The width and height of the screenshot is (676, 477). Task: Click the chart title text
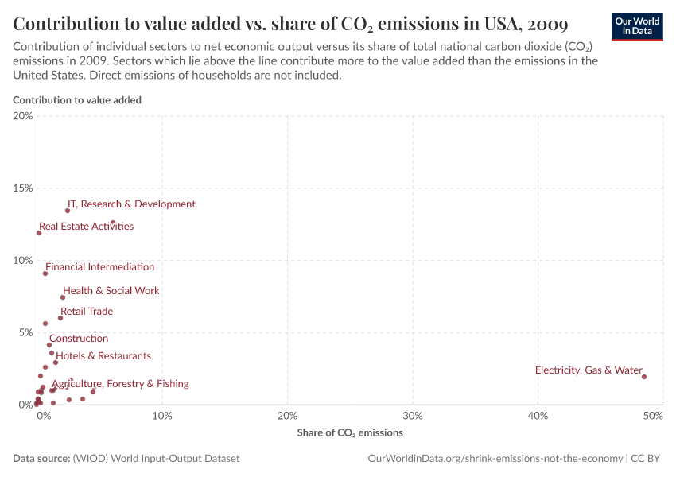[x=289, y=21]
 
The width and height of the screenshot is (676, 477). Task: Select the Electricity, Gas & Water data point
[x=644, y=377]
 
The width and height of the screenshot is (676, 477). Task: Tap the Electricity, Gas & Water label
[x=588, y=370]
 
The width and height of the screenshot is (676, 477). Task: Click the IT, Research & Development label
[x=131, y=204]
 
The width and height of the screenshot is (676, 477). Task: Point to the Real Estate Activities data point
[x=39, y=233]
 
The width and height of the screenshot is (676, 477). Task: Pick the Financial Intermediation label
[x=99, y=267]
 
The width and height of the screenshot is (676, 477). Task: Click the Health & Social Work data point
[x=63, y=297]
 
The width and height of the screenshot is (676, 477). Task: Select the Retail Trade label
[x=87, y=312]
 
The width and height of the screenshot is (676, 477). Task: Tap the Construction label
[x=79, y=339]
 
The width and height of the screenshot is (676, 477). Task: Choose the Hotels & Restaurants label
[x=103, y=356]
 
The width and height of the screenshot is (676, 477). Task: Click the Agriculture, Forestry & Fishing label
[x=121, y=384]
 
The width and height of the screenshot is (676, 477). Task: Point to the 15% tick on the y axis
[x=23, y=188]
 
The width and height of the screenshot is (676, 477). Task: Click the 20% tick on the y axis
[x=23, y=116]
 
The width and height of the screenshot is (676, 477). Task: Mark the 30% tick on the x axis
[x=412, y=416]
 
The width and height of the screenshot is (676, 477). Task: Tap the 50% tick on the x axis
[x=653, y=416]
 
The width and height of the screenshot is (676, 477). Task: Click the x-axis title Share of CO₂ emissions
[x=349, y=433]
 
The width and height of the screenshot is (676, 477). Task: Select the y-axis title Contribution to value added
[x=77, y=100]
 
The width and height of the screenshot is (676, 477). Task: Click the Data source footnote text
[x=126, y=459]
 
